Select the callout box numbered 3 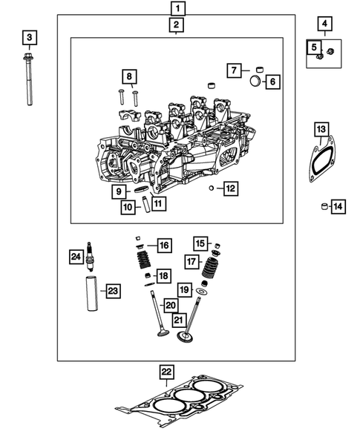point(29,36)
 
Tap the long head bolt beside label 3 point(30,82)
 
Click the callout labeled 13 point(321,131)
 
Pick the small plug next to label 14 point(324,206)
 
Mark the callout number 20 point(171,305)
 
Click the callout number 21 point(179,320)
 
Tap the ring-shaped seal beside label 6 point(253,80)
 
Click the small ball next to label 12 point(212,188)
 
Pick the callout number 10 point(127,207)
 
